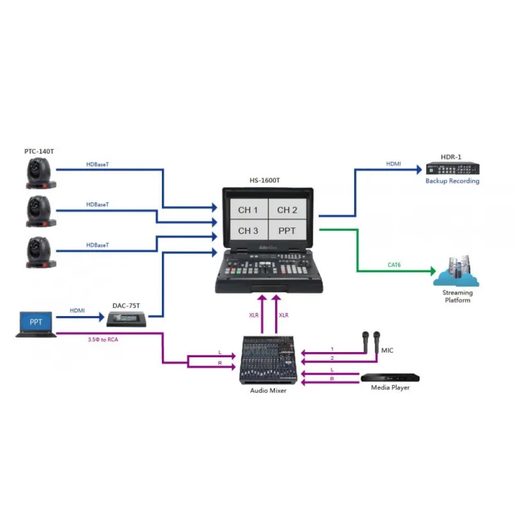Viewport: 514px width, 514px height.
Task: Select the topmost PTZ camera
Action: coord(40,173)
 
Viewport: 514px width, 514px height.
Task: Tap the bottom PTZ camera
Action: coord(40,252)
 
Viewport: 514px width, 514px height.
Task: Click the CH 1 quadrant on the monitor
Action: coord(248,210)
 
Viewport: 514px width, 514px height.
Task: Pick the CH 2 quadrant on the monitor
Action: coord(287,210)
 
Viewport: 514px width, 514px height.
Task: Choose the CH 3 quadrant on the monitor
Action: coord(248,231)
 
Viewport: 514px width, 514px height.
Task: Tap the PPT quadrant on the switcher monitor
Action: coord(287,231)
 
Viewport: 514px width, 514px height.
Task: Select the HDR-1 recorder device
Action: coord(452,169)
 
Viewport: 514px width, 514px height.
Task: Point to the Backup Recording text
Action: coord(452,181)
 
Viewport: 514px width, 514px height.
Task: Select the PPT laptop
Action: coord(36,323)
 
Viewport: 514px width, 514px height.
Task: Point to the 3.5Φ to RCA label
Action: coord(102,339)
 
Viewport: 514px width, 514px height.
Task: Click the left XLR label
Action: coord(254,315)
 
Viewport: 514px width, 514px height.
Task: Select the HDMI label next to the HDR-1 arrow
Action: coord(393,164)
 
